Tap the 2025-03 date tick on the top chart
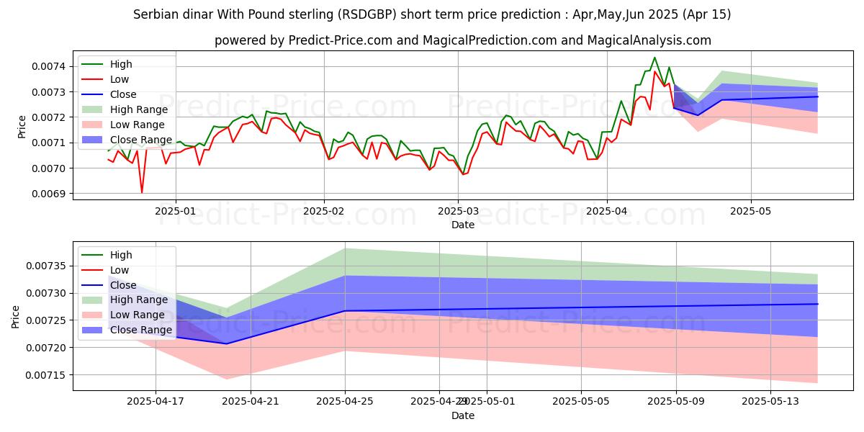(x=458, y=212)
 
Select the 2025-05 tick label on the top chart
(x=751, y=212)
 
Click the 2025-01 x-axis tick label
(x=176, y=212)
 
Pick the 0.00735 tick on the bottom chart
(x=48, y=266)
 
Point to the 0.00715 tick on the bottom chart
(x=48, y=375)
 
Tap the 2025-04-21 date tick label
(x=251, y=402)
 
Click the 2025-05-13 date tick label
(x=770, y=402)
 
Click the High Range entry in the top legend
(x=138, y=109)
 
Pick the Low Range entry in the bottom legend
(x=137, y=315)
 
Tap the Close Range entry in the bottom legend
(x=140, y=330)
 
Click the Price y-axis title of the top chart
(x=22, y=126)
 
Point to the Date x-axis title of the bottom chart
(x=463, y=415)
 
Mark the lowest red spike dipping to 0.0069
(x=142, y=192)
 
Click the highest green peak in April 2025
(x=654, y=58)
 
